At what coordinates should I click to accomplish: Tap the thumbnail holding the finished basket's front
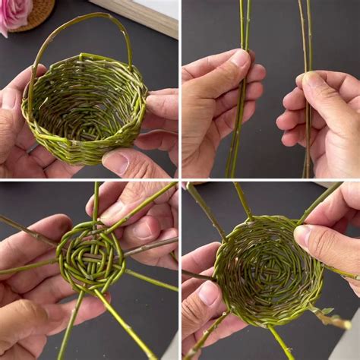[115, 162]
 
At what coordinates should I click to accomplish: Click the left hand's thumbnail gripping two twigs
[238, 59]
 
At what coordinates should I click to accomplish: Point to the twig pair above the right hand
[305, 30]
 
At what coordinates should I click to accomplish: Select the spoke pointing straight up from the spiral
[96, 201]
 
